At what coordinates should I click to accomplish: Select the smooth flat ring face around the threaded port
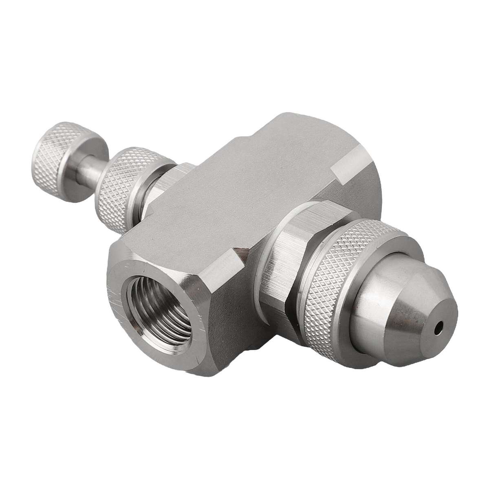click(x=122, y=285)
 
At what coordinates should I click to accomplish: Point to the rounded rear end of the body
click(x=367, y=192)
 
